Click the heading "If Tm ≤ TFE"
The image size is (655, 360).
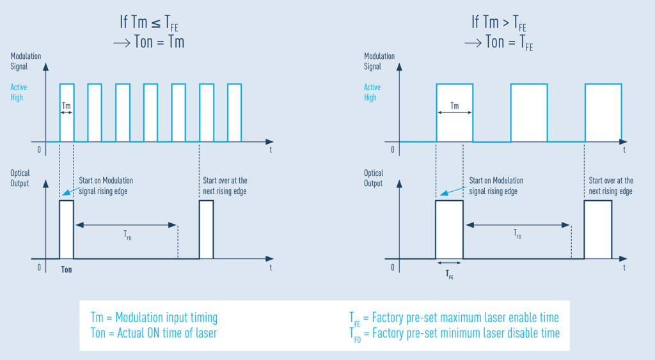(149, 22)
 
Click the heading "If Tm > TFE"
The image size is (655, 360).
(499, 22)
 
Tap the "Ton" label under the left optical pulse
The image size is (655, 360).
(67, 270)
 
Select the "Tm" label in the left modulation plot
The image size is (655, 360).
(67, 106)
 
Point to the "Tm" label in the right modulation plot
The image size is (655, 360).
(455, 106)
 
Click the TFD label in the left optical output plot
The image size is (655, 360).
(127, 235)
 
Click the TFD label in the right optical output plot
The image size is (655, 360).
(517, 234)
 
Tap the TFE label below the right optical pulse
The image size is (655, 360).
(450, 274)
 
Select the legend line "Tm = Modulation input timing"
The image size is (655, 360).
(154, 317)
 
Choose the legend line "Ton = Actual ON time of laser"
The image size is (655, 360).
(154, 333)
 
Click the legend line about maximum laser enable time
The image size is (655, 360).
(454, 318)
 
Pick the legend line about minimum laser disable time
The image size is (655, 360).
(455, 334)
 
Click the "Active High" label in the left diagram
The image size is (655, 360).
(19, 92)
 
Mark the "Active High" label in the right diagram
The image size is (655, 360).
(372, 92)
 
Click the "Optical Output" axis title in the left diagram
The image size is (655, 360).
(20, 178)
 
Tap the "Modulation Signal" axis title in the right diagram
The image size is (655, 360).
(379, 61)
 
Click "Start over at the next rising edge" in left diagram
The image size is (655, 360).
(225, 186)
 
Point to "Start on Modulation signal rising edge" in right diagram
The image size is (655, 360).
(496, 186)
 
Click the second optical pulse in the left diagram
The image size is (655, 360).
(207, 230)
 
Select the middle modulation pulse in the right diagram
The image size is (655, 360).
(529, 113)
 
